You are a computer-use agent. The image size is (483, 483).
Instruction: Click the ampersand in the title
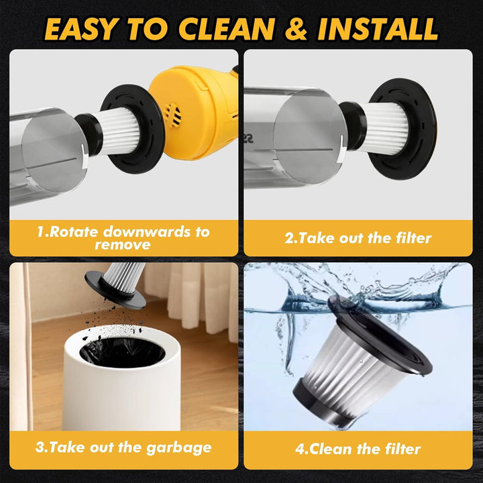pyautogui.click(x=296, y=29)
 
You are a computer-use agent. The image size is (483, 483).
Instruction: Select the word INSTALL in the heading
pyautogui.click(x=378, y=29)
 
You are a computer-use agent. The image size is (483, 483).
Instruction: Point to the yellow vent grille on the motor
pyautogui.click(x=172, y=115)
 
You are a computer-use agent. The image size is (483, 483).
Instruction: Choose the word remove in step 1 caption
pyautogui.click(x=123, y=245)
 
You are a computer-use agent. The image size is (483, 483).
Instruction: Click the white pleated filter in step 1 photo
pyautogui.click(x=119, y=131)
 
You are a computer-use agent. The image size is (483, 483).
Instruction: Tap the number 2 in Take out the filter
pyautogui.click(x=289, y=238)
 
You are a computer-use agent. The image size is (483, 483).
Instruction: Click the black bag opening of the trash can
pyautogui.click(x=122, y=353)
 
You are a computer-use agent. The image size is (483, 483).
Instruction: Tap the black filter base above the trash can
pyautogui.click(x=115, y=290)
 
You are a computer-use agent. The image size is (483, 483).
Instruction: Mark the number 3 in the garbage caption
pyautogui.click(x=40, y=447)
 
